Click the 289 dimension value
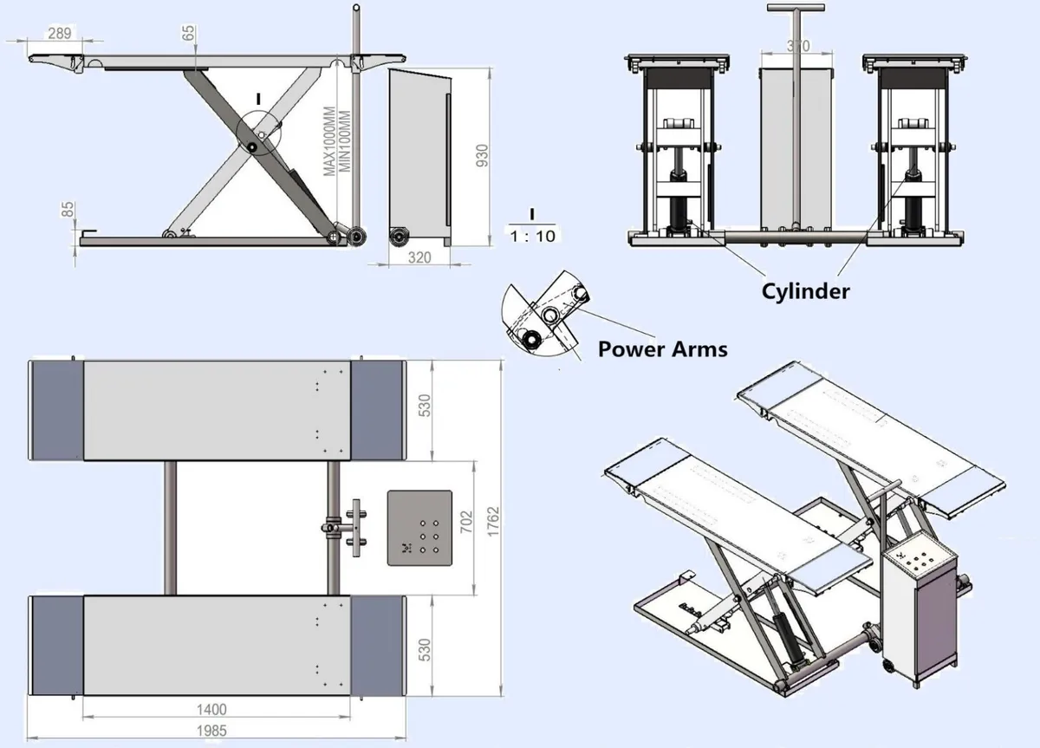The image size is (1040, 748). pyautogui.click(x=60, y=33)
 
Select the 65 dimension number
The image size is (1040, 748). pyautogui.click(x=189, y=33)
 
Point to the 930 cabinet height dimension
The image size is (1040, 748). pyautogui.click(x=483, y=155)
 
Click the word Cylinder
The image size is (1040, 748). pyautogui.click(x=805, y=291)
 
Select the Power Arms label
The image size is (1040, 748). pyautogui.click(x=662, y=349)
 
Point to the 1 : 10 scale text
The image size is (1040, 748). pyautogui.click(x=532, y=236)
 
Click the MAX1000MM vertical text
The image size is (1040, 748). pyautogui.click(x=330, y=144)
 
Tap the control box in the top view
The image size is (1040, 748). pyautogui.click(x=420, y=528)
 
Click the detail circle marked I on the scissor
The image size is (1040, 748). pyautogui.click(x=261, y=134)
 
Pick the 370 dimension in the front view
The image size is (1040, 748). pyautogui.click(x=797, y=45)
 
